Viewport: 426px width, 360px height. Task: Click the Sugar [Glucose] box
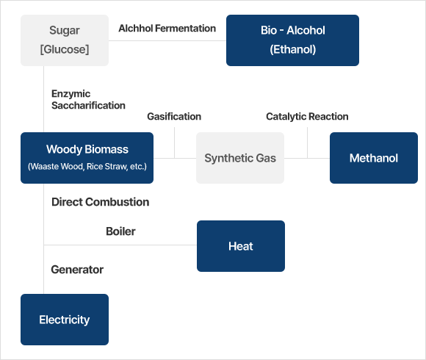pyautogui.click(x=65, y=40)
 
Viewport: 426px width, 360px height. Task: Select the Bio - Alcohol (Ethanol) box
pyautogui.click(x=292, y=40)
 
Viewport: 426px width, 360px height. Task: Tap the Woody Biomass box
pyautogui.click(x=87, y=158)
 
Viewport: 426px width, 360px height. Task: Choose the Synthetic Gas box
pyautogui.click(x=240, y=158)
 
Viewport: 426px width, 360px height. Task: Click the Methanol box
pyautogui.click(x=374, y=158)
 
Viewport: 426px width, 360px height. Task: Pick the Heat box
pyautogui.click(x=241, y=246)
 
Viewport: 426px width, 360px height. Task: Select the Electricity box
pyautogui.click(x=65, y=320)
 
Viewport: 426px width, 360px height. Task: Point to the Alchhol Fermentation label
pyautogui.click(x=167, y=28)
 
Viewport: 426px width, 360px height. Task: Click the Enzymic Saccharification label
pyautogui.click(x=88, y=99)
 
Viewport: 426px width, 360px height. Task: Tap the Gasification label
pyautogui.click(x=174, y=117)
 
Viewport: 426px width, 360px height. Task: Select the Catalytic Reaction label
pyautogui.click(x=307, y=117)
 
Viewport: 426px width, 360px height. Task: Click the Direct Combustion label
pyautogui.click(x=100, y=202)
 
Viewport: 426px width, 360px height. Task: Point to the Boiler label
pyautogui.click(x=120, y=231)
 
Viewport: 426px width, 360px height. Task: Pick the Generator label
pyautogui.click(x=77, y=270)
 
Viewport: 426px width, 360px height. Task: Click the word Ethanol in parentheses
pyautogui.click(x=293, y=49)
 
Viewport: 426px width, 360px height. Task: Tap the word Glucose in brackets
pyautogui.click(x=65, y=49)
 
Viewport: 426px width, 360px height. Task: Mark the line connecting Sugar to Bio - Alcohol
pyautogui.click(x=167, y=41)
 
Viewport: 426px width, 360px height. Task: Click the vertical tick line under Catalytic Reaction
pyautogui.click(x=308, y=143)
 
